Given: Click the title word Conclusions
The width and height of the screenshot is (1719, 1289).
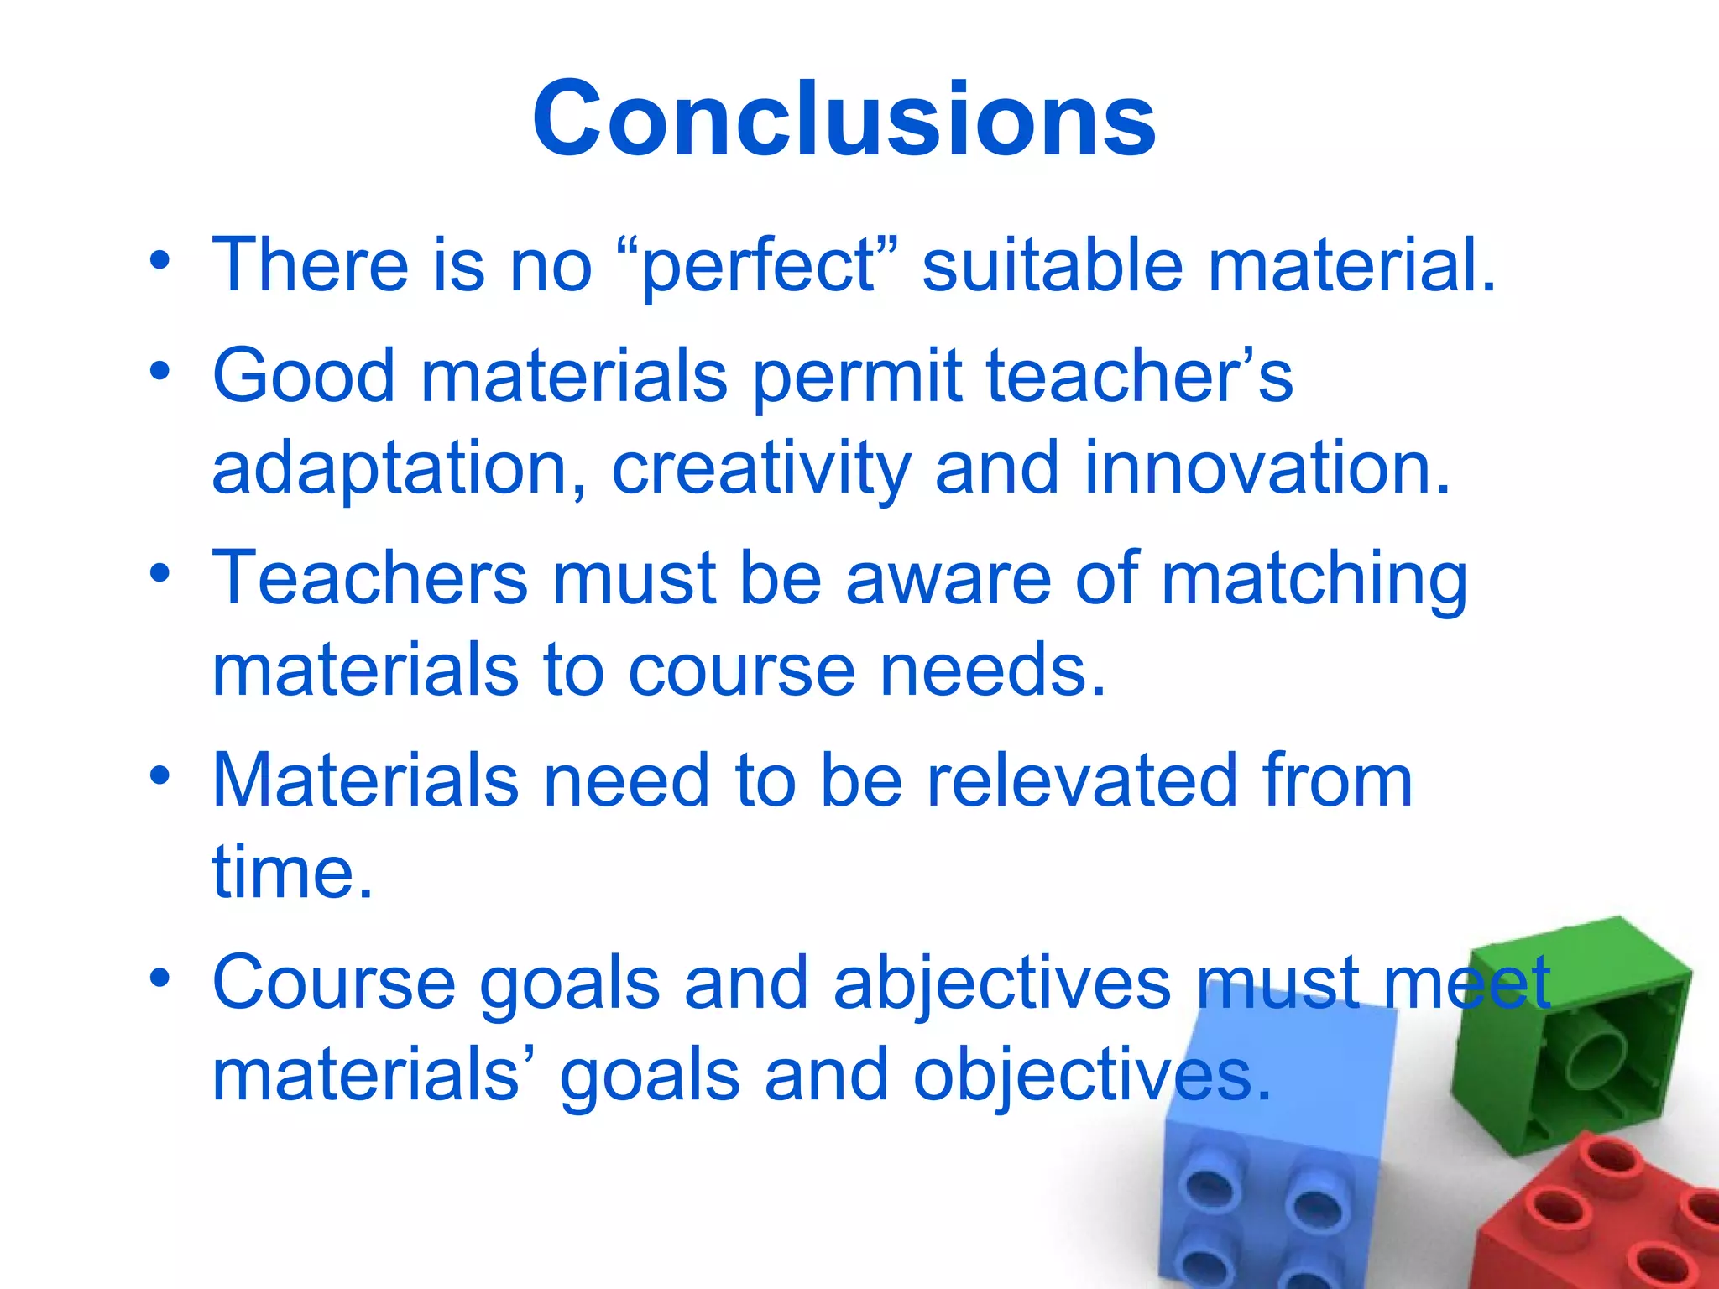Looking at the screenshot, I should click(x=844, y=119).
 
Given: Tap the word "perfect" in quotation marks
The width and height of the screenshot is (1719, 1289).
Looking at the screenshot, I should click(x=757, y=265).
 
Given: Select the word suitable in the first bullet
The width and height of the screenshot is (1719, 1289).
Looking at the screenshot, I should click(x=1053, y=265).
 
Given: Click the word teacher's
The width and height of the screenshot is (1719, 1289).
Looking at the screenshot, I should click(x=1139, y=376).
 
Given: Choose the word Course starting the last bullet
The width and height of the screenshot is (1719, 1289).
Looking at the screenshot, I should click(x=333, y=984).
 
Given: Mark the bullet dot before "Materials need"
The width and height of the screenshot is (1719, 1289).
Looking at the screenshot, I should click(x=159, y=776).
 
